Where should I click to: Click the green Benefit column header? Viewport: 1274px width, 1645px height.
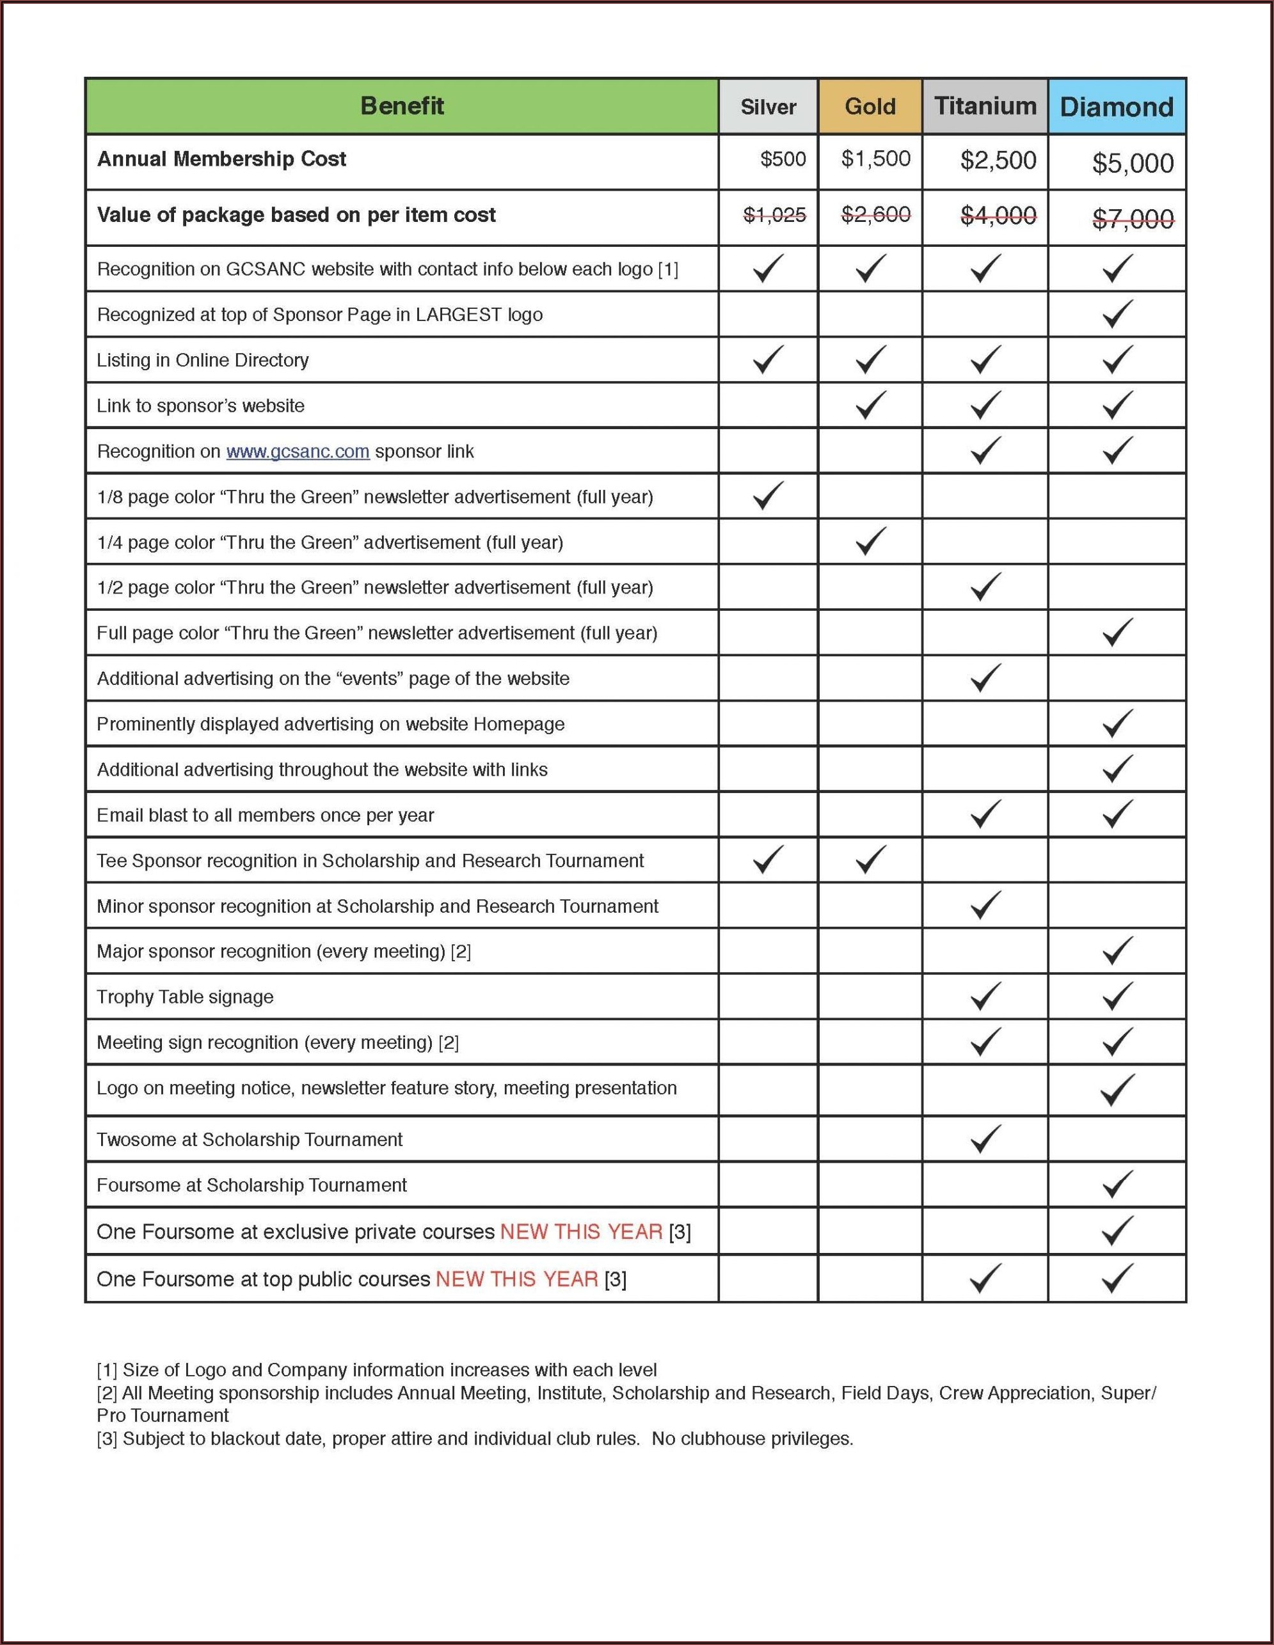coord(402,106)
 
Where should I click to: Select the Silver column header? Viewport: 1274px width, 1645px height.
coord(768,107)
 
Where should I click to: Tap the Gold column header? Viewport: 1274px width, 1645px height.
coord(870,107)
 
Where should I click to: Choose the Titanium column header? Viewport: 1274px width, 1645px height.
coord(985,106)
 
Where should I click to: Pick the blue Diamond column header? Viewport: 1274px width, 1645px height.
coord(1116,107)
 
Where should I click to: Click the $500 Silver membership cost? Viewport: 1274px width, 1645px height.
coord(783,159)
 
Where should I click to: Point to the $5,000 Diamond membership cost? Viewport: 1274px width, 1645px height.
coord(1133,162)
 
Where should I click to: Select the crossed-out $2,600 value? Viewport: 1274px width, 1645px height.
coord(875,215)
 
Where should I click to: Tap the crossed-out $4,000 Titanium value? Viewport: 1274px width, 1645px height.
coord(998,216)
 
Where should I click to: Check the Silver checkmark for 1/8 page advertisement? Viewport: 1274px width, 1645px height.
coord(768,496)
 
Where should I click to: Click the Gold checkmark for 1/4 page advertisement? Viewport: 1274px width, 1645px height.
coord(870,541)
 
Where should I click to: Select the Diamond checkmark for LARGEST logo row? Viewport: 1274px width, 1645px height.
coord(1117,313)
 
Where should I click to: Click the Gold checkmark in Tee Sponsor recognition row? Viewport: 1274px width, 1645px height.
coord(870,860)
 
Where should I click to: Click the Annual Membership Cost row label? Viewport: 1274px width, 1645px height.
coord(221,159)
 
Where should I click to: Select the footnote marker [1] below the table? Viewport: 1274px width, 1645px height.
coord(107,1369)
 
